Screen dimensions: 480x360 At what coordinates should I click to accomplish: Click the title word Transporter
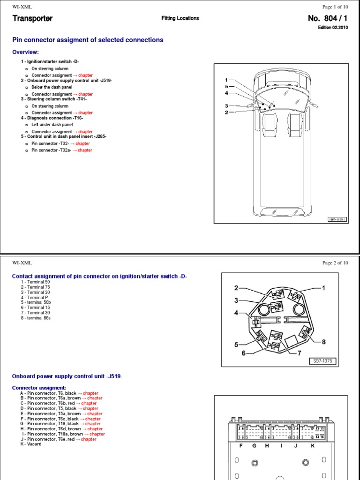(x=32, y=19)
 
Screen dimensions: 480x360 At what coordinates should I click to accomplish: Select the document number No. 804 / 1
(x=326, y=19)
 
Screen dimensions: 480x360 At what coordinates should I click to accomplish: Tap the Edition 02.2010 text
(x=334, y=28)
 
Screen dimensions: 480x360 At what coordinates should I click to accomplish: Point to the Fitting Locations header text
(x=180, y=18)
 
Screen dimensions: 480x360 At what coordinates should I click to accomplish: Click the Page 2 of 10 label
(x=335, y=263)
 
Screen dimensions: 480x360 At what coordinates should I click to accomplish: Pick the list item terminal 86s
(x=36, y=318)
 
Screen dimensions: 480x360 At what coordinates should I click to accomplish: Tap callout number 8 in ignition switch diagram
(x=323, y=342)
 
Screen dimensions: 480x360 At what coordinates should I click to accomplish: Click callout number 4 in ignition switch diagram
(x=237, y=313)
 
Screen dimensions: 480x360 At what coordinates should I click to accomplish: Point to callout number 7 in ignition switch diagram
(x=299, y=352)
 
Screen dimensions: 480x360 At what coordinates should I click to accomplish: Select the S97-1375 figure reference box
(x=323, y=361)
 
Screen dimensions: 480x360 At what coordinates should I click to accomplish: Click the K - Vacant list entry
(x=30, y=444)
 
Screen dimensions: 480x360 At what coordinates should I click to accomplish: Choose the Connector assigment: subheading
(x=38, y=388)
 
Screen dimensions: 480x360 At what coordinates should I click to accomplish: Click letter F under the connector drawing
(x=241, y=446)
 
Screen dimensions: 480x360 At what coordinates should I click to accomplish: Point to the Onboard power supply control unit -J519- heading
(x=67, y=377)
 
